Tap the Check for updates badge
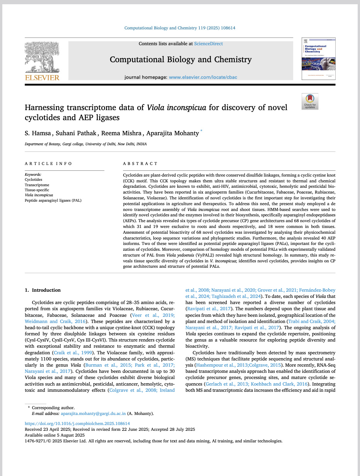click(310, 101)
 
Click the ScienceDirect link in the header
click(208, 44)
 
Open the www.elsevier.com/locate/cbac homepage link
click(203, 77)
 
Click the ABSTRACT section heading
click(138, 164)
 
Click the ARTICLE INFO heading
click(48, 164)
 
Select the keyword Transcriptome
click(37, 185)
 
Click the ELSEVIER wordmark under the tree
click(42, 78)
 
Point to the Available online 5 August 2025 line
click(54, 435)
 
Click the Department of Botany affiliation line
click(86, 144)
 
